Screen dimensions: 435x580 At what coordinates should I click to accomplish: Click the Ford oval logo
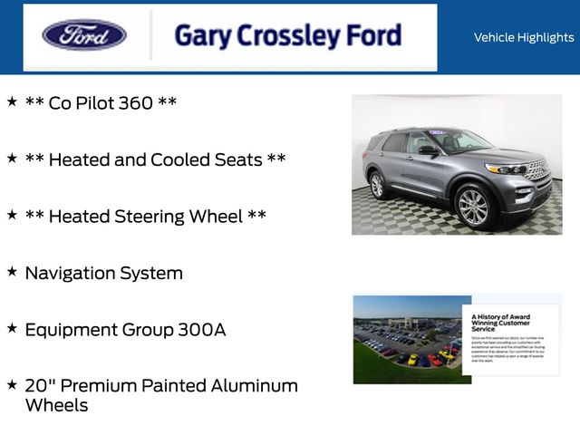coord(84,35)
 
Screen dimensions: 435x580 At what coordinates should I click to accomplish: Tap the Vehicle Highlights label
coord(523,37)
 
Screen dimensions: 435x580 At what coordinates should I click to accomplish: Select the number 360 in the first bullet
coord(135,103)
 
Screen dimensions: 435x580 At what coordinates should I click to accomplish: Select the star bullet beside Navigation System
coord(12,271)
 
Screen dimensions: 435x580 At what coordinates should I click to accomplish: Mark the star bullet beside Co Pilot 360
coord(12,101)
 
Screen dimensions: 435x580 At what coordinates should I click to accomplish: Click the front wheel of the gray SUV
coord(473,206)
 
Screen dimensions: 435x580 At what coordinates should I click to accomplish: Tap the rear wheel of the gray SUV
coord(377,185)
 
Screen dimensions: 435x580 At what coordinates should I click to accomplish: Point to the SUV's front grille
coord(536,170)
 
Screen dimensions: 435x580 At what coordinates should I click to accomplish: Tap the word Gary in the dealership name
coord(200,36)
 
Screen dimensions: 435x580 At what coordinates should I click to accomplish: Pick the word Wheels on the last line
coord(56,405)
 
